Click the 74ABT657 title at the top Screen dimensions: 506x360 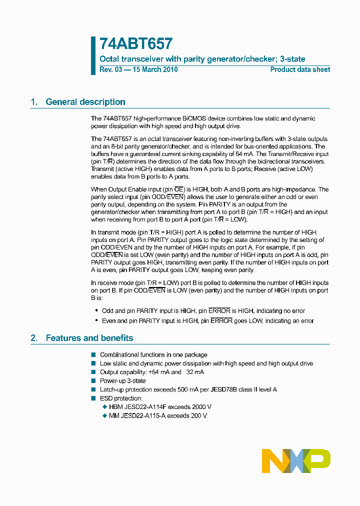[136, 44]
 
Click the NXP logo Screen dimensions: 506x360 [296, 460]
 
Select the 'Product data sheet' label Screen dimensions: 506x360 [300, 69]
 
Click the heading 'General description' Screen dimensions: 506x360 [85, 102]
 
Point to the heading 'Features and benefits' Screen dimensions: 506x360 [89, 338]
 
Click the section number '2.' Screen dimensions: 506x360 [34, 338]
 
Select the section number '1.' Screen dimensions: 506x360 [34, 102]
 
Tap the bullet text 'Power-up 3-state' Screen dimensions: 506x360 [123, 381]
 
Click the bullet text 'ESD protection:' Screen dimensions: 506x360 [121, 398]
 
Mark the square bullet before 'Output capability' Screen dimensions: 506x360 [93, 372]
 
